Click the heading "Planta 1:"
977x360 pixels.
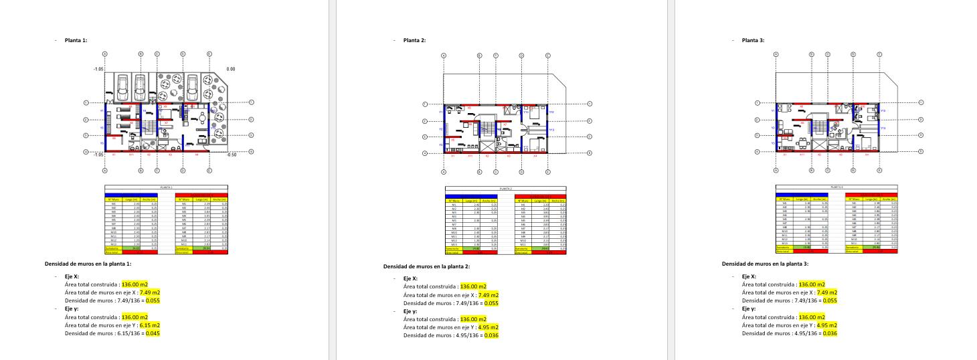click(76, 40)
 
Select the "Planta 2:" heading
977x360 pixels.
click(414, 40)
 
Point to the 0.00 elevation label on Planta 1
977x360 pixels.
click(231, 69)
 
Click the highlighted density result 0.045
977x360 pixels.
click(153, 333)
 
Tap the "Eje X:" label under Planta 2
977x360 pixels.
click(410, 278)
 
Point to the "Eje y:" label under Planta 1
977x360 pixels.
click(72, 308)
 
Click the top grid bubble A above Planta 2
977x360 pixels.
click(444, 56)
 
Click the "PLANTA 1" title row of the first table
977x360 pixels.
click(166, 187)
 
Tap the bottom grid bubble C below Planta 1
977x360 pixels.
click(157, 170)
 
